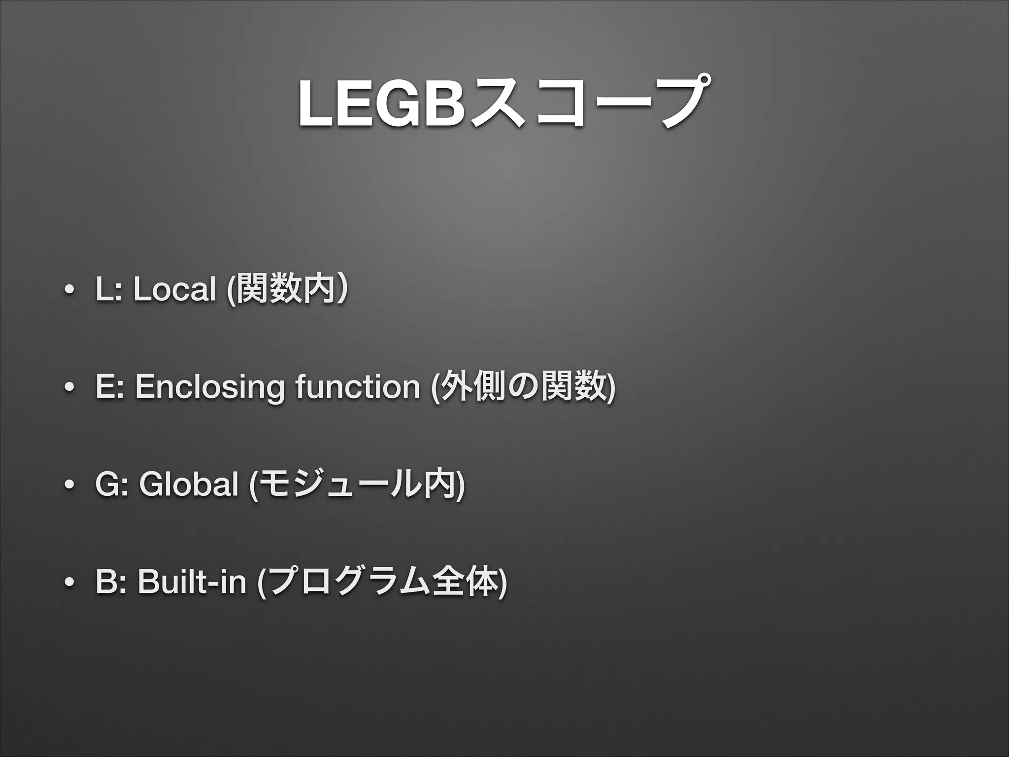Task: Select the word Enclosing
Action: [x=210, y=387]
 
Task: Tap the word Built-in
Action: [x=192, y=583]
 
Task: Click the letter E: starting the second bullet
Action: [x=109, y=387]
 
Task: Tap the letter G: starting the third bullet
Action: [x=111, y=485]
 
